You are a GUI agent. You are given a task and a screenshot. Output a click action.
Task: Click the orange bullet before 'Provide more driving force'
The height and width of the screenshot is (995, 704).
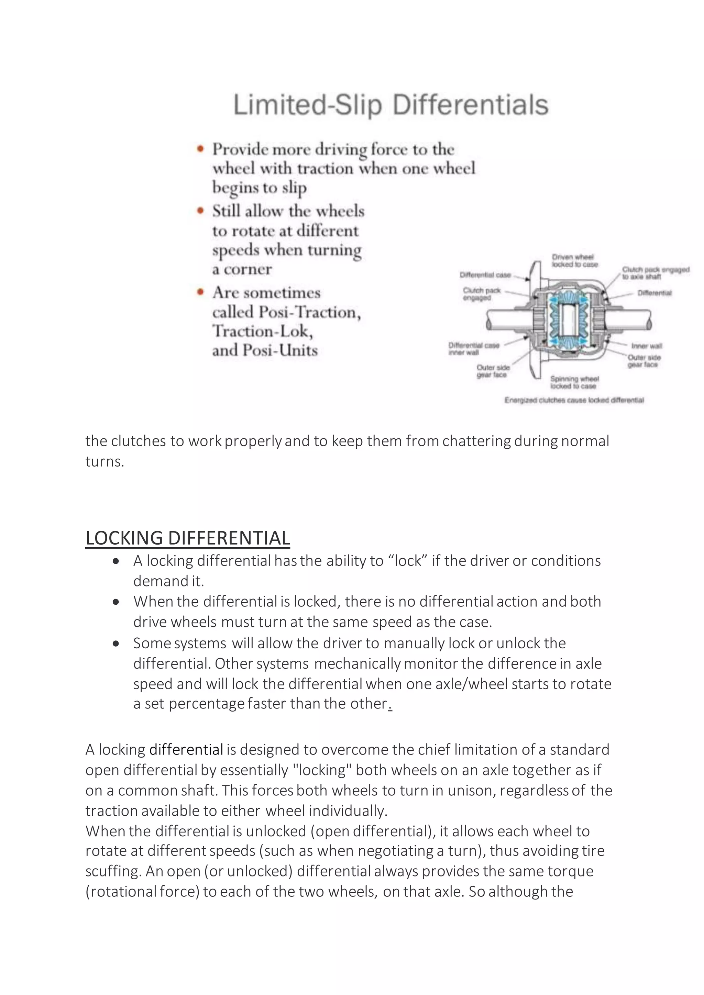200,149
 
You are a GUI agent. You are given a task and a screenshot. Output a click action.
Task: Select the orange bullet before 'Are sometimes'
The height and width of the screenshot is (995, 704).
200,292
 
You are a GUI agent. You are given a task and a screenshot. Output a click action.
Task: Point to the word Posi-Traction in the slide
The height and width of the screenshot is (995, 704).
309,312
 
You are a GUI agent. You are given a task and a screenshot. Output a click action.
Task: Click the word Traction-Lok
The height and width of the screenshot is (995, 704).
263,331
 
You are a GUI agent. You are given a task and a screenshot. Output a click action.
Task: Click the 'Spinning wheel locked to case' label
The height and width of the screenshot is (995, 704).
574,382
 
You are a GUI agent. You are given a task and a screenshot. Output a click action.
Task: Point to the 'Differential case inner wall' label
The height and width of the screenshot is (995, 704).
473,349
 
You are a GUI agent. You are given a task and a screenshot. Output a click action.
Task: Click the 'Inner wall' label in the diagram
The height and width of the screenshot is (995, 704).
646,346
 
